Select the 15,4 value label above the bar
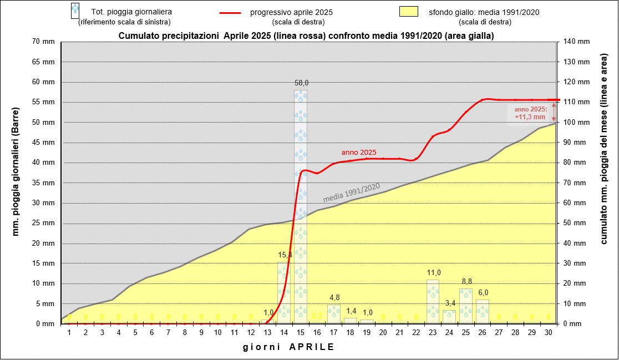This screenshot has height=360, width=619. coord(285,255)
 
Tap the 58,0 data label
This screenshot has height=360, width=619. coord(301,83)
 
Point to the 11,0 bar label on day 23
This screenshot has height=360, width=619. coord(433,273)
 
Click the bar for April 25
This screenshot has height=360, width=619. coord(466,306)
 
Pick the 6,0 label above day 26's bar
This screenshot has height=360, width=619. coord(483,293)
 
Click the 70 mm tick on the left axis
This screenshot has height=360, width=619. coord(44,42)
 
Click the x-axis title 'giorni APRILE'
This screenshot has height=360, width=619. coord(288,347)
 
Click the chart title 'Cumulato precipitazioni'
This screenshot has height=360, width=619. coord(306,36)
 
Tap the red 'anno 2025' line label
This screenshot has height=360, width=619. coord(359,152)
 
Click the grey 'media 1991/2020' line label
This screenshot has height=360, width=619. coord(351,192)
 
